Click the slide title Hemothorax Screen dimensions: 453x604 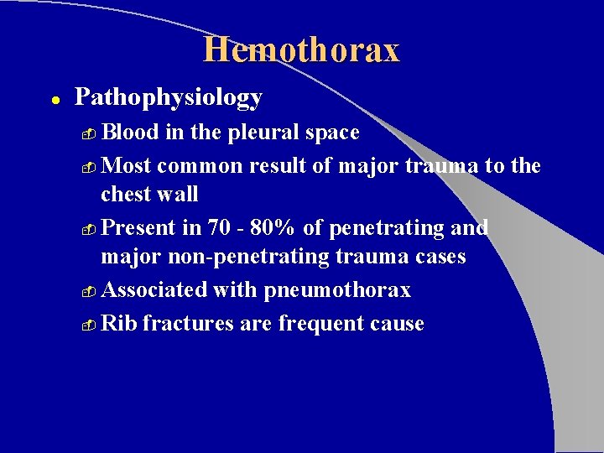tap(301, 50)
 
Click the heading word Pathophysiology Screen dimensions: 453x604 tap(169, 98)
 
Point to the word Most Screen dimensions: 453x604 tap(124, 166)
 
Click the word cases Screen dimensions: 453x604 tap(433, 257)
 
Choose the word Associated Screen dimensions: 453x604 tap(154, 290)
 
